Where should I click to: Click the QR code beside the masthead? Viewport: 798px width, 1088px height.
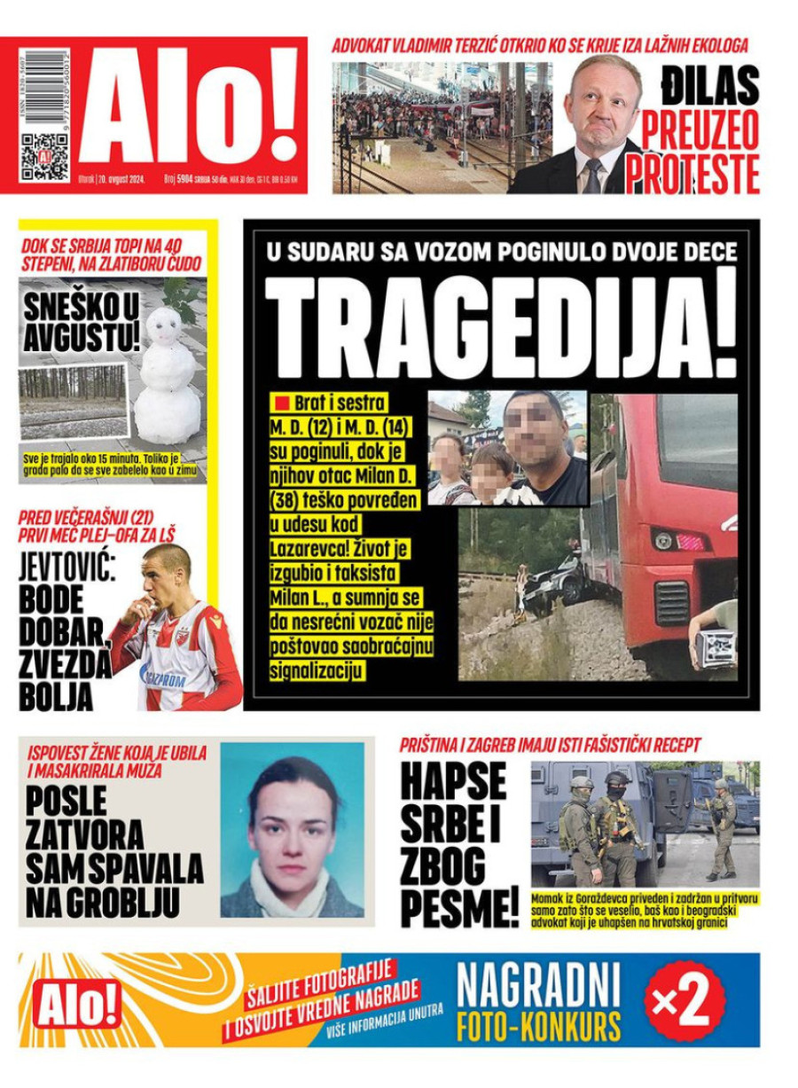click(x=44, y=156)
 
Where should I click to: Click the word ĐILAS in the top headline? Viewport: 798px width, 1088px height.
click(x=710, y=86)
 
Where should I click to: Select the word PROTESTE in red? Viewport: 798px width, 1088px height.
click(x=693, y=174)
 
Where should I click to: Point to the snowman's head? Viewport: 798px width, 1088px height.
click(x=164, y=326)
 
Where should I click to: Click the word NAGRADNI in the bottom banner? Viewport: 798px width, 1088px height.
click(x=538, y=982)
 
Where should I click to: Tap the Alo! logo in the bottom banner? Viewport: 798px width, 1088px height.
click(x=77, y=1004)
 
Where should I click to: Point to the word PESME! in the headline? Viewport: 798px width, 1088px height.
click(x=459, y=907)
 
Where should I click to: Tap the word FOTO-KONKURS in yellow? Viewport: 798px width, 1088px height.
click(x=538, y=1025)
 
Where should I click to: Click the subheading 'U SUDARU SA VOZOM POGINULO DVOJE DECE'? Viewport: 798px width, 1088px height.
click(x=501, y=253)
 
